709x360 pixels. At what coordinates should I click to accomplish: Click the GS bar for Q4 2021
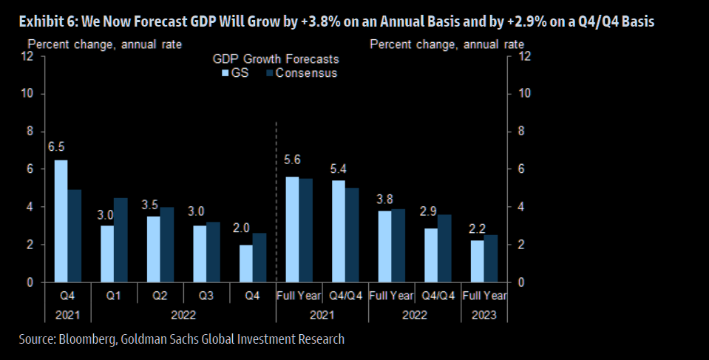tap(61, 221)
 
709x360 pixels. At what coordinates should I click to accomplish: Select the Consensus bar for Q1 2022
tap(121, 240)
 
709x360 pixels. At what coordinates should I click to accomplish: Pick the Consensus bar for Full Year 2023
tap(491, 259)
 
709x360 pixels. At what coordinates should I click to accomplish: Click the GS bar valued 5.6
tap(293, 229)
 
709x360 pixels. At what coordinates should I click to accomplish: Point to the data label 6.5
tap(56, 148)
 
